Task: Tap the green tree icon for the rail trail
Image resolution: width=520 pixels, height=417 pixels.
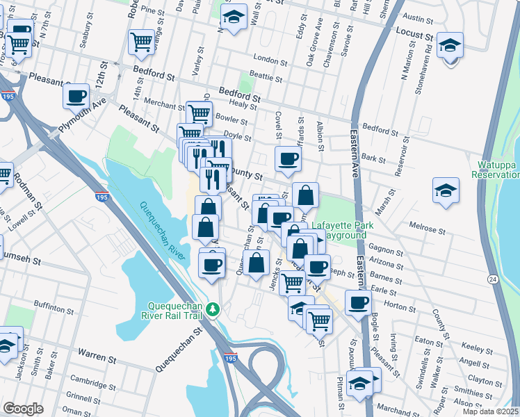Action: (x=216, y=309)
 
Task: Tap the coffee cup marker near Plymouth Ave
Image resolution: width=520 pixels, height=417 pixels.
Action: (x=76, y=96)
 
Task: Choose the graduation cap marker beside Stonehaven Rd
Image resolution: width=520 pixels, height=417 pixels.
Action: (x=450, y=47)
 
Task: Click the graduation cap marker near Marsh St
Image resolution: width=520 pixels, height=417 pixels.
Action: (x=445, y=190)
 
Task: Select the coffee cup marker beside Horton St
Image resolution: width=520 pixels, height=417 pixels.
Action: (x=359, y=302)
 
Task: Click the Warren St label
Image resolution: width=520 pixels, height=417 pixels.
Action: (x=97, y=359)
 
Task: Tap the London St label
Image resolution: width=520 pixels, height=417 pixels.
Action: (x=270, y=59)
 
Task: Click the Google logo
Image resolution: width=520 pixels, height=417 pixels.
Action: (x=23, y=409)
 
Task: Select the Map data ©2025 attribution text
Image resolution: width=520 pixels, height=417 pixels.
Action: (x=489, y=411)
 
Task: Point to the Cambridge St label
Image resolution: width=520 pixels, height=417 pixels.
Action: (x=88, y=380)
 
